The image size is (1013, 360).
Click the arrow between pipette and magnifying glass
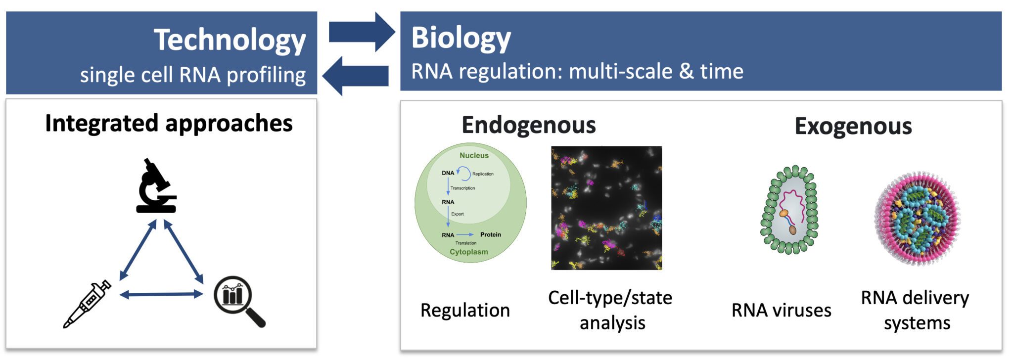tap(161, 295)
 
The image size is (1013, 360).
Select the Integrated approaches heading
tap(169, 123)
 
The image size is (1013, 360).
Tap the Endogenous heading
tap(528, 125)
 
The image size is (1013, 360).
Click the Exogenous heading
tap(853, 126)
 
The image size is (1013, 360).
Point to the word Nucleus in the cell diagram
tap(474, 155)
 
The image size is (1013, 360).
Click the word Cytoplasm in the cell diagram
tap(468, 252)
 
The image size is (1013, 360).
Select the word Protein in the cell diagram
tap(490, 234)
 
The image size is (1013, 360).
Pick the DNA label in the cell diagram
tap(448, 173)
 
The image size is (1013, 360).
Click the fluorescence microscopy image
tap(606, 208)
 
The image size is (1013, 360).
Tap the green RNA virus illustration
tap(789, 210)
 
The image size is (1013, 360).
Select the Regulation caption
tap(465, 310)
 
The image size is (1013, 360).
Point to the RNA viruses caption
tap(781, 310)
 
